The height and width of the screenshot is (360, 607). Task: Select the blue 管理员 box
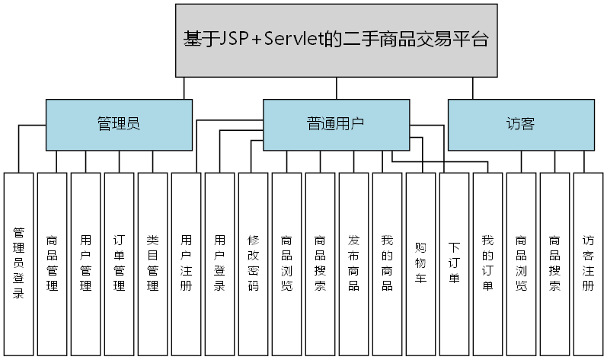[x=119, y=124]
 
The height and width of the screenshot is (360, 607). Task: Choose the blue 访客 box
[x=520, y=124]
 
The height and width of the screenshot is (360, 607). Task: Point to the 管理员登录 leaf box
[x=19, y=263]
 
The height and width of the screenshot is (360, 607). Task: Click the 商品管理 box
[x=52, y=263]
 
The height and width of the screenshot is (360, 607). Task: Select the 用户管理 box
[x=85, y=263]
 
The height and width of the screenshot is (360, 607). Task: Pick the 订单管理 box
[x=119, y=263]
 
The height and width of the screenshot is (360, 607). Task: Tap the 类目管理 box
[x=152, y=263]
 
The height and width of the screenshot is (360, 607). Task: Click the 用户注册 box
[x=186, y=263]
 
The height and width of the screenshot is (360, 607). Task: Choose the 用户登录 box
[x=219, y=263]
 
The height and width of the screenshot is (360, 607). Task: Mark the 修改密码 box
[x=253, y=263]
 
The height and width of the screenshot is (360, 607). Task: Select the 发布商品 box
[x=353, y=263]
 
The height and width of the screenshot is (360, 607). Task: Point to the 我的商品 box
[x=387, y=263]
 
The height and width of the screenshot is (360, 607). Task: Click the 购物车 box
[x=420, y=263]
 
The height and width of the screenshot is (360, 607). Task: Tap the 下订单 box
[x=454, y=263]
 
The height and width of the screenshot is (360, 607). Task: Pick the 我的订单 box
[x=487, y=263]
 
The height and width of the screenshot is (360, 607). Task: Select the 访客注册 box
[x=588, y=263]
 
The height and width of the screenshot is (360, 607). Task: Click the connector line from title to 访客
[x=472, y=88]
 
